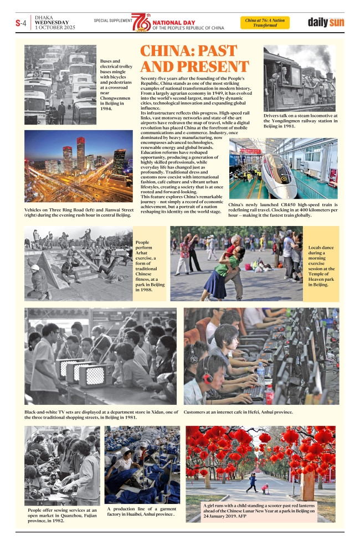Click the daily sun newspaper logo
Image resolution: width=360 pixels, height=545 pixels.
(326, 23)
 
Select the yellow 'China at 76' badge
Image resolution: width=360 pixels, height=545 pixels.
(265, 23)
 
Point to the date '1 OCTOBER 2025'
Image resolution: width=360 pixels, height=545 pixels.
(54, 27)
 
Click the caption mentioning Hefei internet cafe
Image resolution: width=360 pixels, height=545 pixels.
(238, 412)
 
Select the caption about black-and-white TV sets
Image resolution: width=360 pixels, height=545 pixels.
(101, 415)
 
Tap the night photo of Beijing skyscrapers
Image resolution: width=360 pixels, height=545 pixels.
(79, 166)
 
